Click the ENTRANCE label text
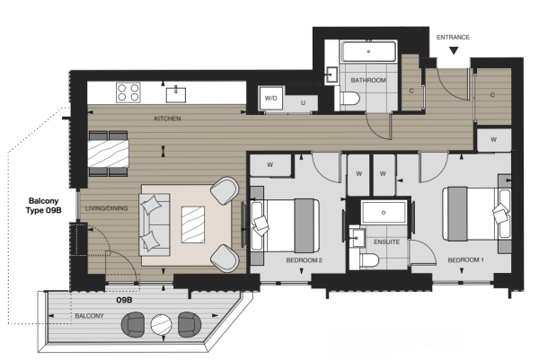[453, 37]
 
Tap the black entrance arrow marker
[454, 51]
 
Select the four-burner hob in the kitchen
[128, 92]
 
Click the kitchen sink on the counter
[176, 94]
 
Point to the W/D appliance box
[271, 98]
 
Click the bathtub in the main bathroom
[368, 51]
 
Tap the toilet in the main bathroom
[349, 99]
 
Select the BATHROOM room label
[368, 81]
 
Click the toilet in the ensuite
[369, 260]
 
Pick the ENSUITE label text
[386, 242]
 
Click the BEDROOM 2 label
[304, 260]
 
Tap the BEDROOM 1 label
[465, 260]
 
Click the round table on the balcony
[161, 325]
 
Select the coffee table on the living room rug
[193, 224]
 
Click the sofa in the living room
[155, 224]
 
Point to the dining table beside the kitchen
[109, 154]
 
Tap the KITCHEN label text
[167, 119]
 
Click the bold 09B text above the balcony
[124, 300]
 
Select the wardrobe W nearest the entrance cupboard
[493, 140]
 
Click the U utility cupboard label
[303, 102]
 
